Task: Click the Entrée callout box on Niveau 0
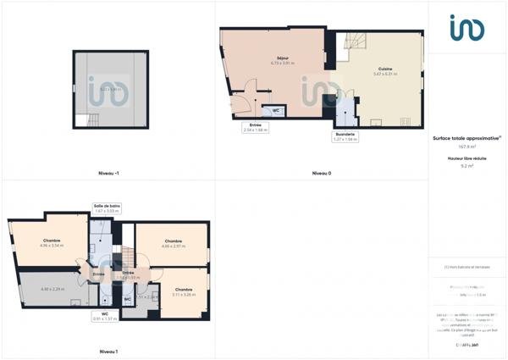(x=255, y=127)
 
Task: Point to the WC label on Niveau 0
(x=276, y=111)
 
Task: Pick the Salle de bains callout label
(x=108, y=208)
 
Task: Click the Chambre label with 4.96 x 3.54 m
(x=52, y=242)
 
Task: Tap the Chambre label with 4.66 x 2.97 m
(x=174, y=243)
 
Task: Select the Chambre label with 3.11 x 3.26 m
(x=183, y=291)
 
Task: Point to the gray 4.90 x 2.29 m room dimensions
(x=52, y=290)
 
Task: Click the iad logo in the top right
(x=467, y=28)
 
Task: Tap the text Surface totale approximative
(x=467, y=137)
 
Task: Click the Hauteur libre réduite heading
(x=467, y=158)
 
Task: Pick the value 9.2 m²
(x=467, y=166)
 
